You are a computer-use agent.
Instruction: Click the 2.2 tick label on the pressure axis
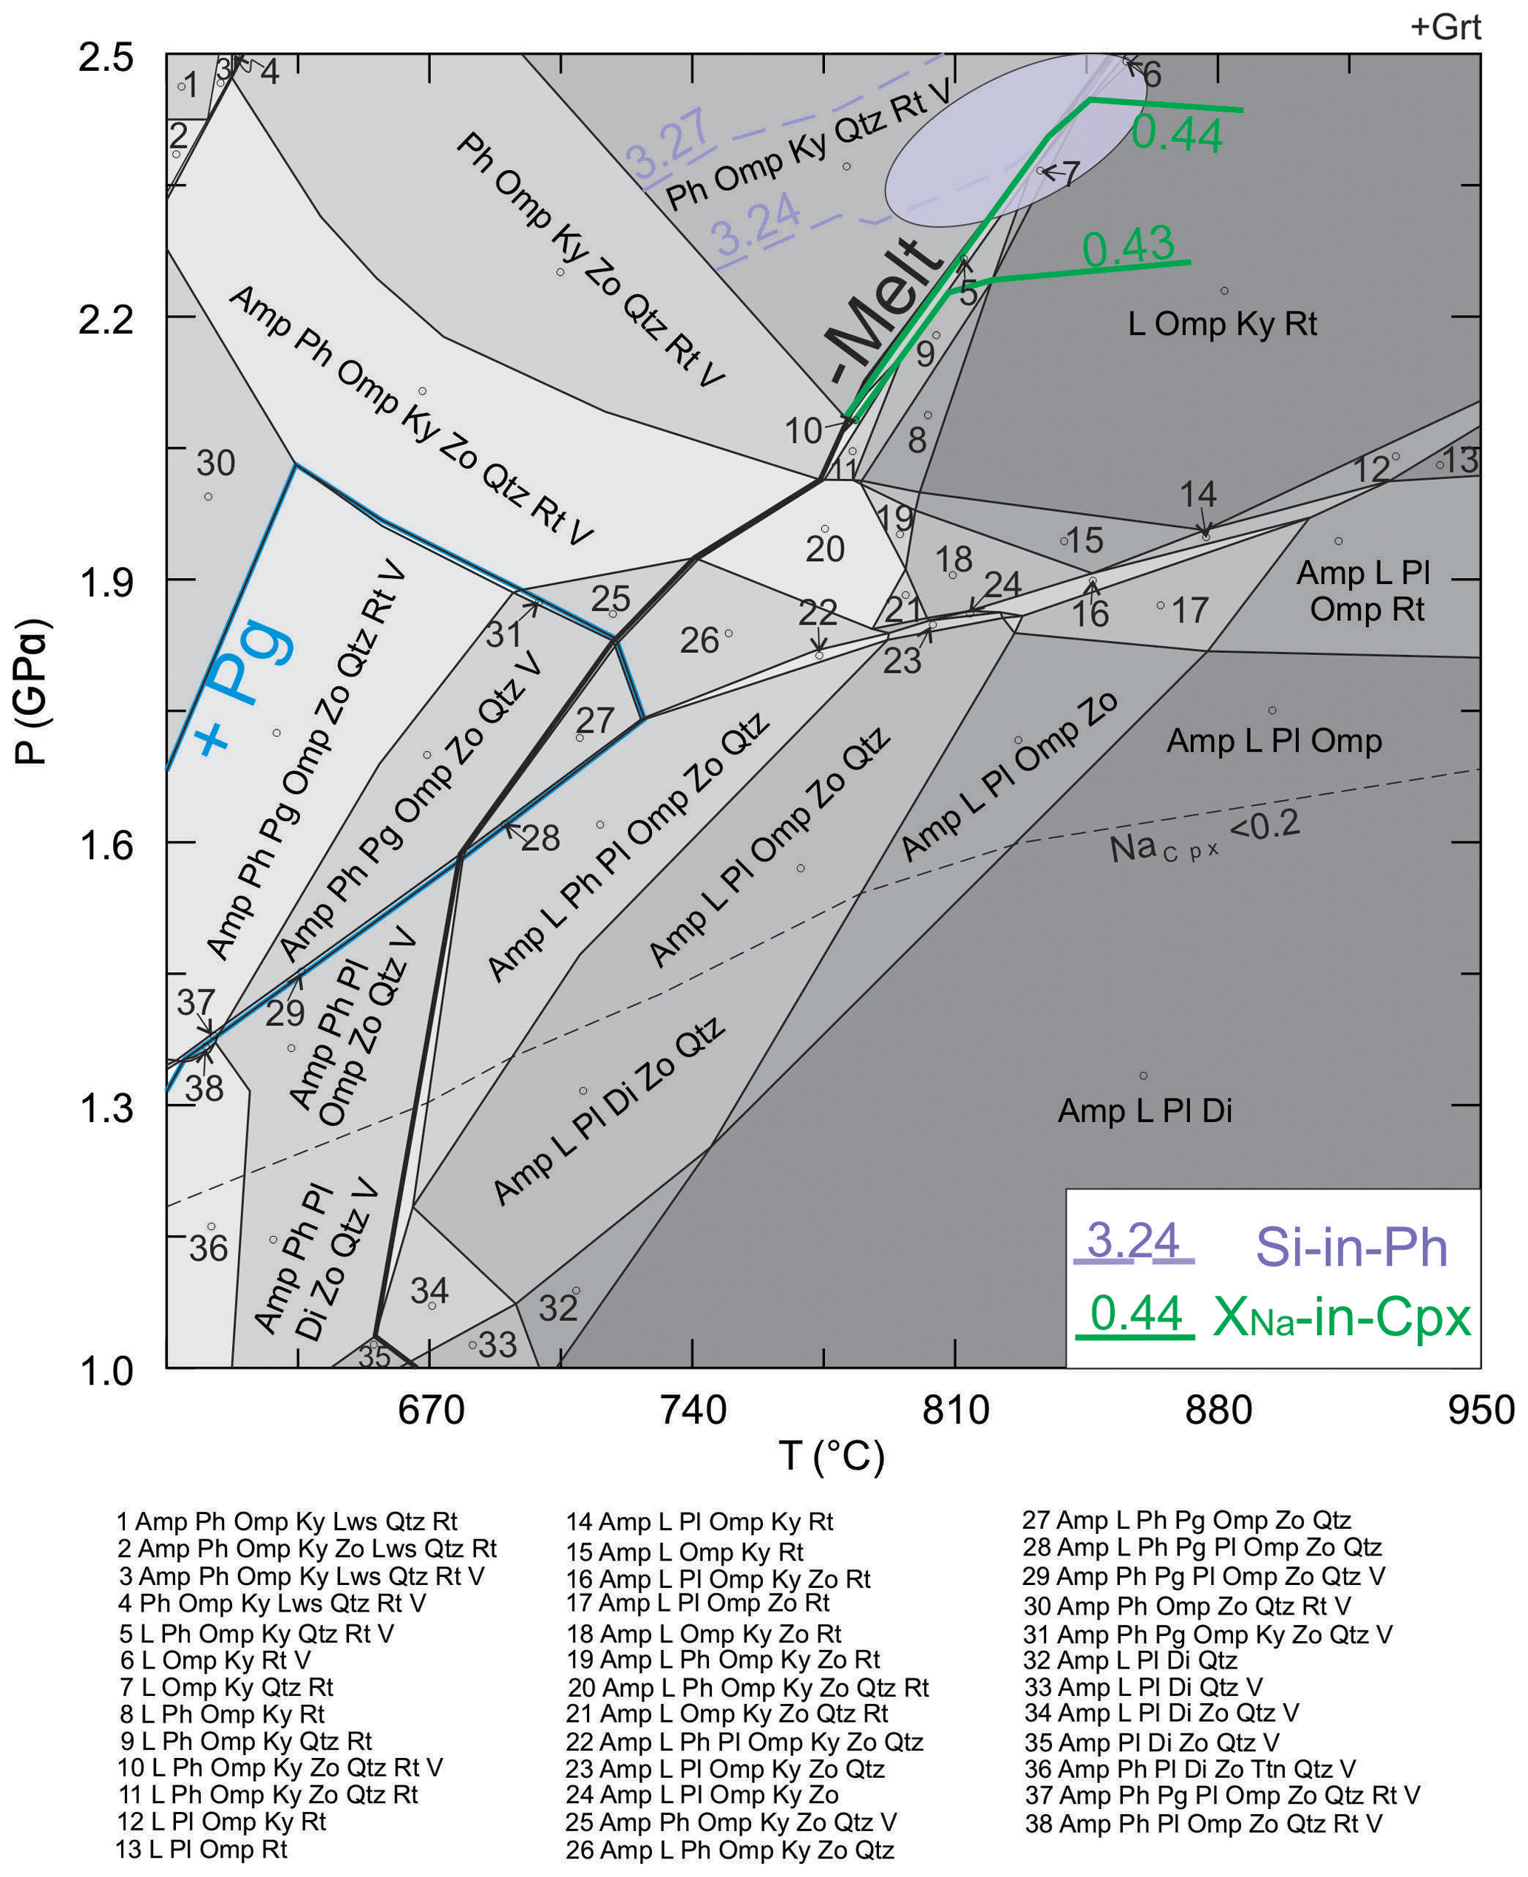click(x=106, y=319)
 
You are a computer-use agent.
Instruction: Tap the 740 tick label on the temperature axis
click(x=693, y=1410)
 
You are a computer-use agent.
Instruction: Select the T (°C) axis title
click(x=831, y=1456)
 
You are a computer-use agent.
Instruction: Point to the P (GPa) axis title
click(x=33, y=692)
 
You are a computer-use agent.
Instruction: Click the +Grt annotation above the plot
click(x=1444, y=27)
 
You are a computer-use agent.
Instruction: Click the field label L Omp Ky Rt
click(x=1223, y=324)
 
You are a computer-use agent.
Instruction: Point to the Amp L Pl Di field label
click(x=1144, y=1110)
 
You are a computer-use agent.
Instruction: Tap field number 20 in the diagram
click(x=825, y=549)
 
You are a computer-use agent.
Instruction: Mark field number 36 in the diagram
click(x=208, y=1248)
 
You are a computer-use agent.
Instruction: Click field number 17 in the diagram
click(x=1190, y=611)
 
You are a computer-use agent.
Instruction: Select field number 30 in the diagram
click(x=216, y=464)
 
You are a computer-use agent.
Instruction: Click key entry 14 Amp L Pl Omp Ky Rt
click(x=700, y=1521)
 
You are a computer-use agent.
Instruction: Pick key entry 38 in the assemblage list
click(x=1203, y=1823)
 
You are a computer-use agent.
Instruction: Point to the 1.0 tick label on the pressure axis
click(x=106, y=1370)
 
